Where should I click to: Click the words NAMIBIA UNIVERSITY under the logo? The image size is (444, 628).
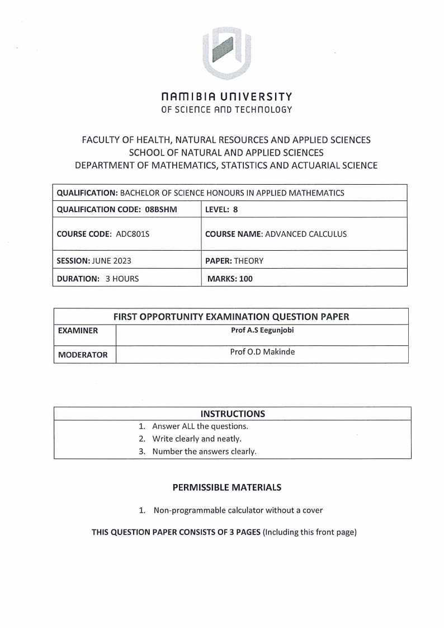(x=226, y=97)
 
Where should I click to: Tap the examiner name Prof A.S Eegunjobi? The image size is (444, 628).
(x=262, y=330)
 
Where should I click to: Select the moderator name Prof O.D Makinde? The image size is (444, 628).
(x=262, y=352)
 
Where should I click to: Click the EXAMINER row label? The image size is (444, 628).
(x=78, y=331)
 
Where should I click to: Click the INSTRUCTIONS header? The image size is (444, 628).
(x=233, y=414)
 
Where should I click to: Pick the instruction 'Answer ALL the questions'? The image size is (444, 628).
(x=200, y=427)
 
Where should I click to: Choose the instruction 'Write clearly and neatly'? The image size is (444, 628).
(x=200, y=439)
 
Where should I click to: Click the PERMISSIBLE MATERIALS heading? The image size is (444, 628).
(x=227, y=488)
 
